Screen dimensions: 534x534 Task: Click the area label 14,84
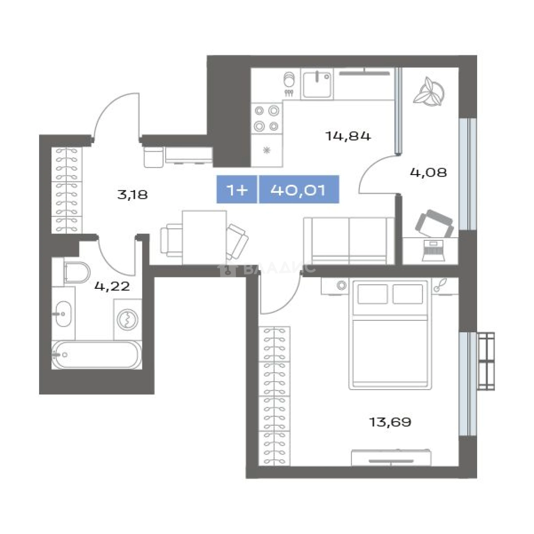[x=348, y=136]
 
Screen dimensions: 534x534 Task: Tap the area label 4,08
[x=428, y=173]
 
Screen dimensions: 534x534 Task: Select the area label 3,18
[x=132, y=195]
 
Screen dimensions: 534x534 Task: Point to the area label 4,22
[x=112, y=286]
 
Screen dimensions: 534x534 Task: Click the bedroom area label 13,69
[x=390, y=422]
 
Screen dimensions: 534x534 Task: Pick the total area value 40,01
[x=298, y=190]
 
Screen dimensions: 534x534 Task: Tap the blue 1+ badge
[x=237, y=190]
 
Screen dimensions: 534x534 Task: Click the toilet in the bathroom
[x=77, y=272]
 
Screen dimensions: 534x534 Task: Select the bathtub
[x=97, y=355]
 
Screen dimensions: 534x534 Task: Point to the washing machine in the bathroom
[x=128, y=319]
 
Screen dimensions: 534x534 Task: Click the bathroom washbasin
[x=63, y=313]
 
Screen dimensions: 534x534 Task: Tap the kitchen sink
[x=317, y=84]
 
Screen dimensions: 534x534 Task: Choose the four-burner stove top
[x=267, y=119]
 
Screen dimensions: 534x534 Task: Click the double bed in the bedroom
[x=390, y=334]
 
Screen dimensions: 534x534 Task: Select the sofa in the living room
[x=349, y=241]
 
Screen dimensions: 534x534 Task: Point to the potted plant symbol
[x=429, y=92]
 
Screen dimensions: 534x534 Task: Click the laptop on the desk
[x=433, y=251]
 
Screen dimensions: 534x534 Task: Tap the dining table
[x=204, y=237]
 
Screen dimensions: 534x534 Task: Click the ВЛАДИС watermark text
[x=279, y=269]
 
